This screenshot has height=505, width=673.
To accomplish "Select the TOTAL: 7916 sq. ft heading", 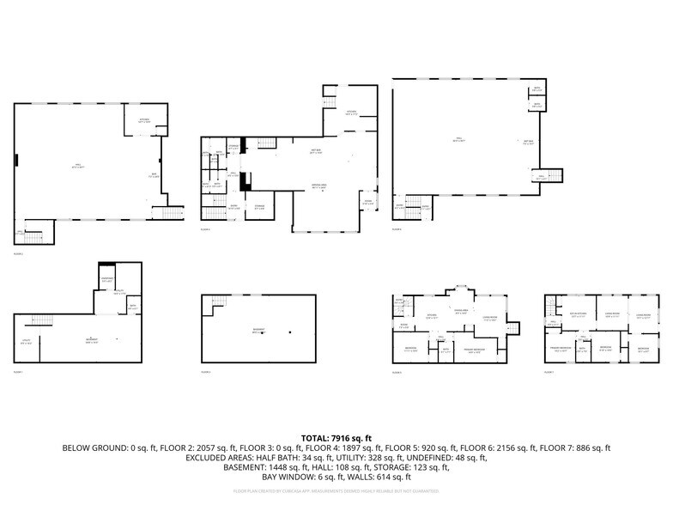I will [336, 438].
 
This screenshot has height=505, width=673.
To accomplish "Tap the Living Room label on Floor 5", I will [490, 319].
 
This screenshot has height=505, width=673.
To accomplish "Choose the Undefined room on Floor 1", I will [107, 280].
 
